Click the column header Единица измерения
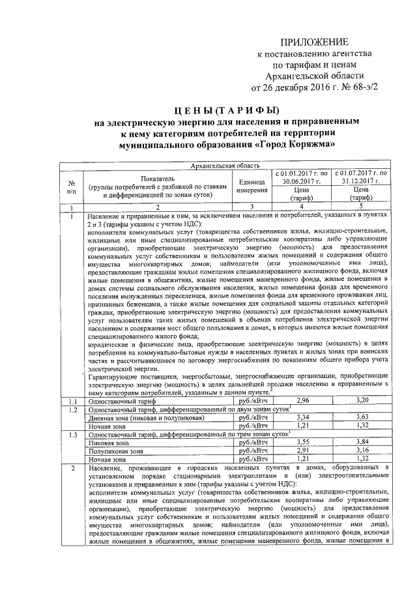pyautogui.click(x=252, y=186)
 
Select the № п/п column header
pyautogui.click(x=73, y=186)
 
